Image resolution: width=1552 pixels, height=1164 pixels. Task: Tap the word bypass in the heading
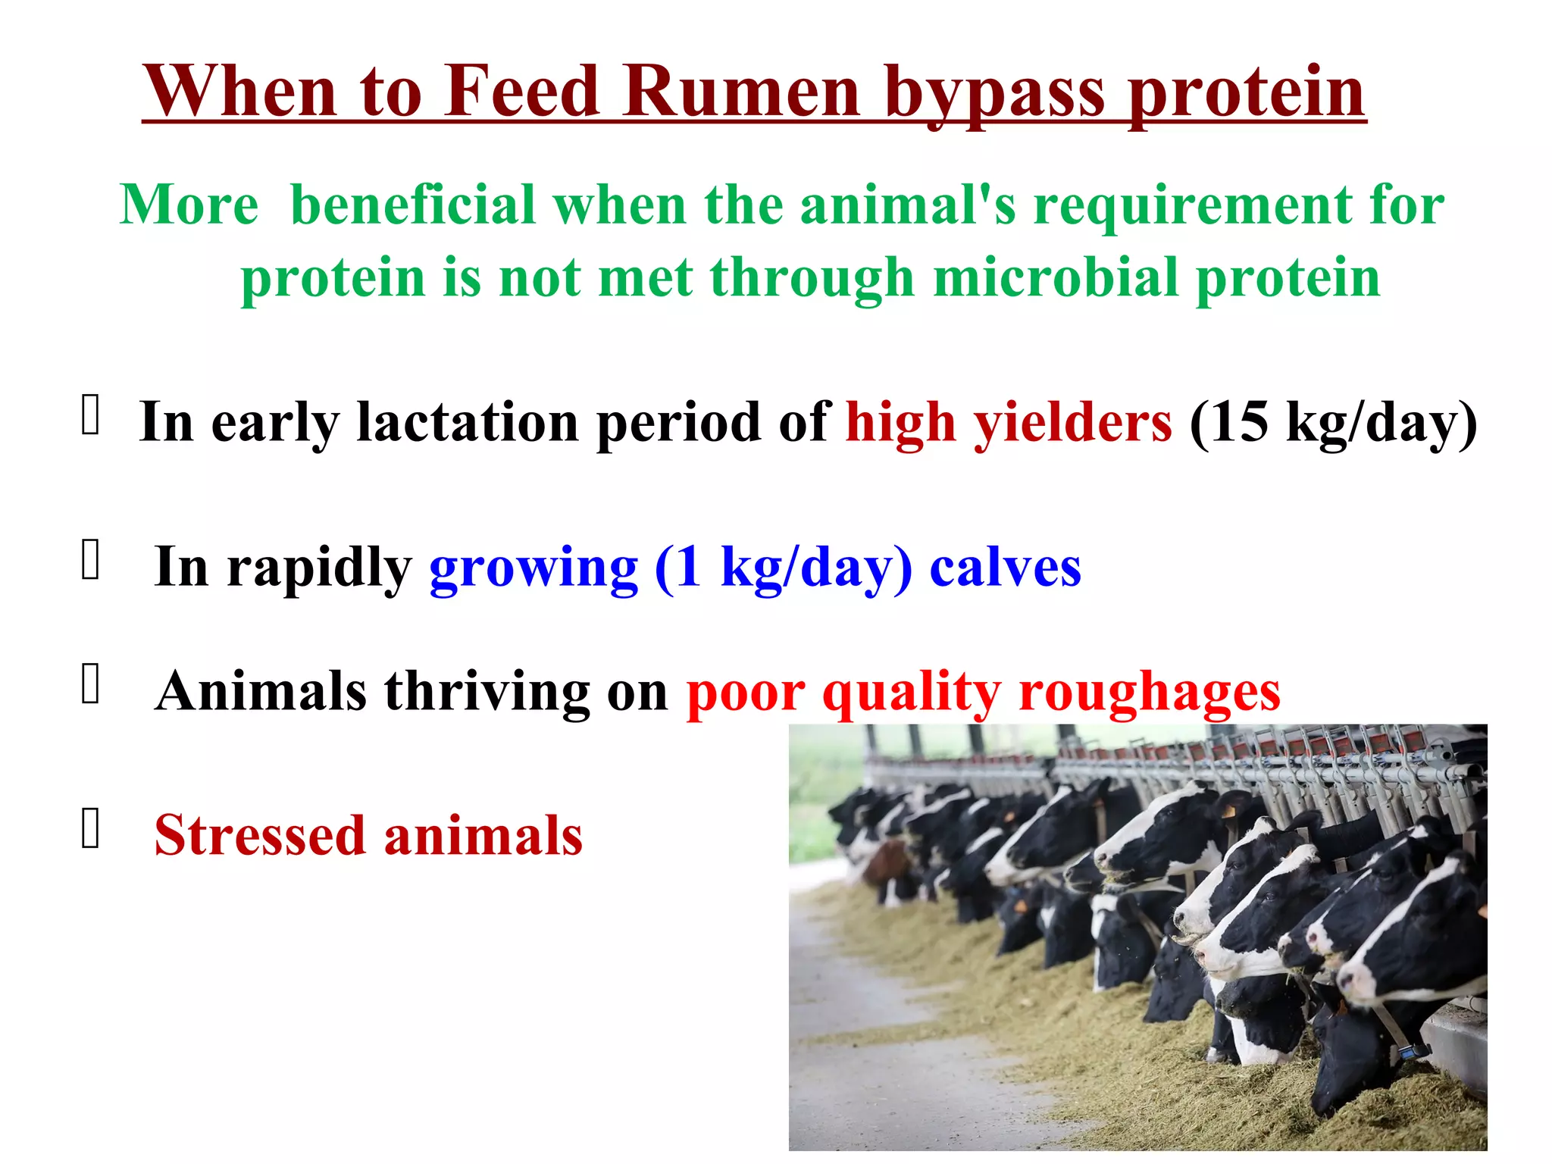pyautogui.click(x=994, y=94)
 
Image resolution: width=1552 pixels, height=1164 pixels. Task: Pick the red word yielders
pyautogui.click(x=1072, y=422)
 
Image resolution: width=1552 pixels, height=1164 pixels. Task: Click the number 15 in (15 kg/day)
pyautogui.click(x=1238, y=422)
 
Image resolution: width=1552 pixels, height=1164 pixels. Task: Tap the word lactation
pyautogui.click(x=468, y=422)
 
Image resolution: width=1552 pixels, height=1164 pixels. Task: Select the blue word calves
pyautogui.click(x=1005, y=567)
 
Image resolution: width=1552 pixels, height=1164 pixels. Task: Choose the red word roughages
pyautogui.click(x=1149, y=693)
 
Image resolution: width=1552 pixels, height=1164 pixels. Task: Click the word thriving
pyautogui.click(x=487, y=693)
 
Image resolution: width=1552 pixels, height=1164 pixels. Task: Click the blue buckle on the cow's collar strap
pyautogui.click(x=1410, y=1052)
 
